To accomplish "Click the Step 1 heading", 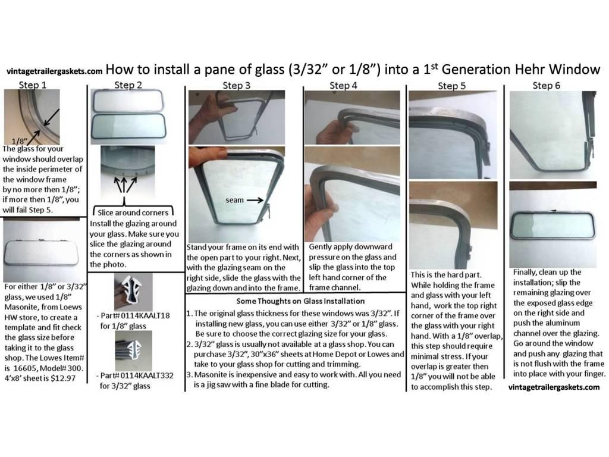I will [33, 85].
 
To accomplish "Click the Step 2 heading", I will [128, 85].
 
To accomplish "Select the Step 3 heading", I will [236, 86].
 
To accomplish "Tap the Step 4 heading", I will [343, 86].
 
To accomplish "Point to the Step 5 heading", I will [452, 86].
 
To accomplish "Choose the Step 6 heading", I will [545, 85].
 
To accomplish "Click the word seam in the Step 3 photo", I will [235, 201].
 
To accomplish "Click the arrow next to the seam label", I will [255, 201].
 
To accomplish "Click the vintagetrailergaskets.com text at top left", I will [55, 70].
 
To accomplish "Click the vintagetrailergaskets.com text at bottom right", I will [554, 387].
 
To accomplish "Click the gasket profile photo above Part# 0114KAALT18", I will [133, 292].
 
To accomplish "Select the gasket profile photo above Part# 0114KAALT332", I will [133, 351].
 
